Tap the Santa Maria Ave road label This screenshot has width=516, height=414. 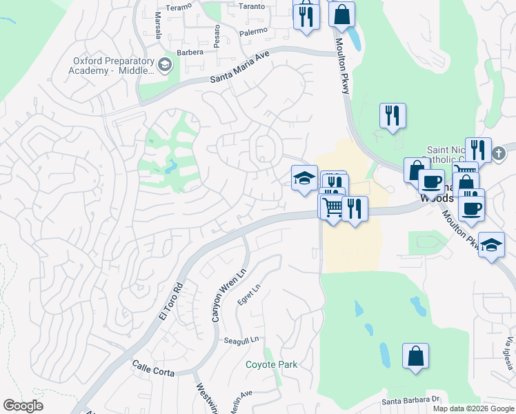[x=239, y=70]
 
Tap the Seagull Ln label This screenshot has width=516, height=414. [x=241, y=339]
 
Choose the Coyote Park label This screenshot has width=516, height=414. [x=272, y=364]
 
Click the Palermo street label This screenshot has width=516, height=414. [x=253, y=32]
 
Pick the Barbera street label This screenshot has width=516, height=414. [x=190, y=52]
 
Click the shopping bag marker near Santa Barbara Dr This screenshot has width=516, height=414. [x=415, y=356]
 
